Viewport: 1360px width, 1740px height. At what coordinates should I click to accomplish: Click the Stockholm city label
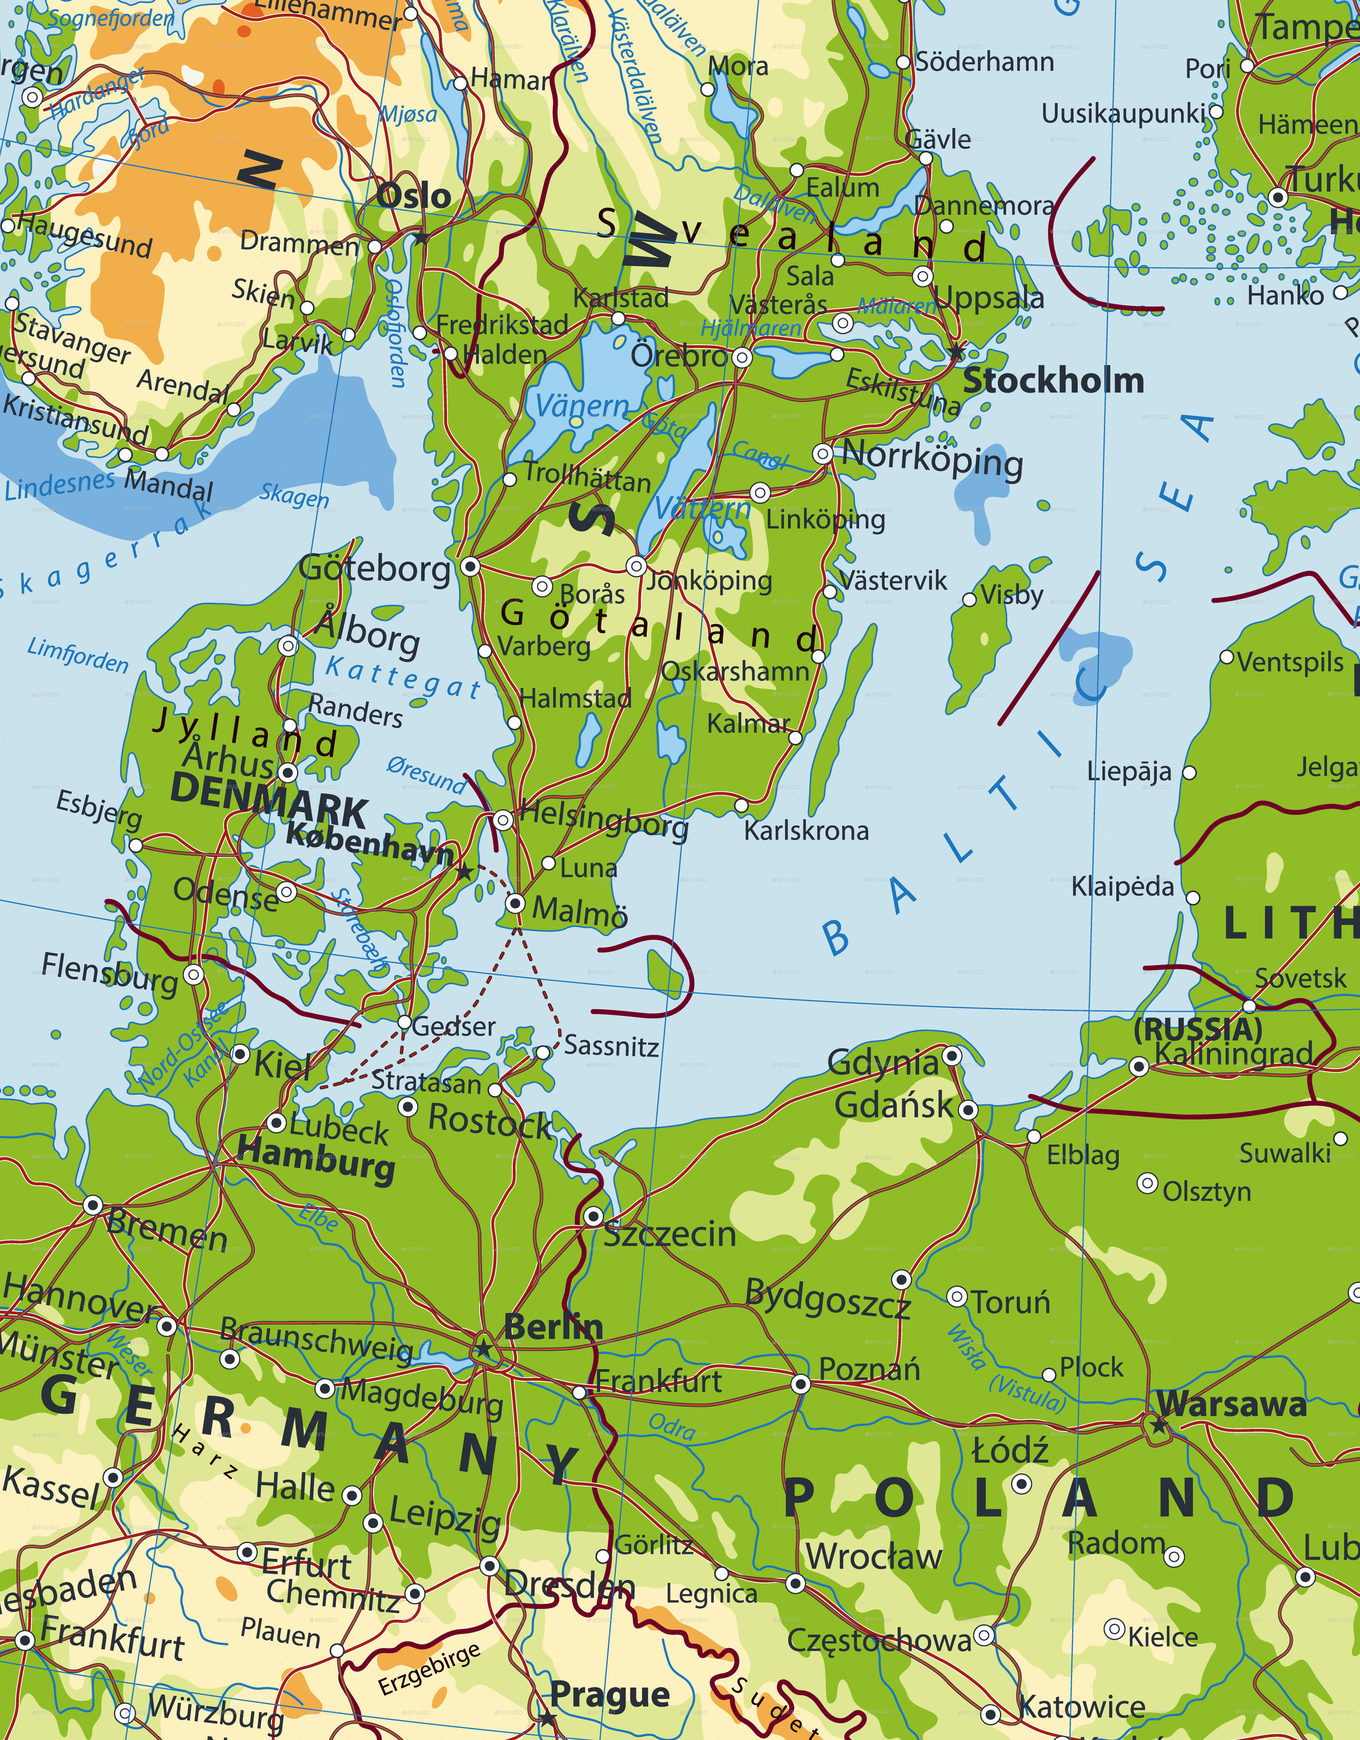click(1053, 381)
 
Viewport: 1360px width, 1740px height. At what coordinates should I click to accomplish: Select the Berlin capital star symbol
click(483, 1349)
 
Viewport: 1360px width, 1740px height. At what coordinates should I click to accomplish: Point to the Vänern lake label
click(582, 406)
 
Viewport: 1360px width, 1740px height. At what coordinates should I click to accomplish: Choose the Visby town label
click(1012, 594)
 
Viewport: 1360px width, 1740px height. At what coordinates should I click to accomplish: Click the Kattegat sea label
click(402, 677)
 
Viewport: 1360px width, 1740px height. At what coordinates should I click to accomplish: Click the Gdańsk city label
click(894, 1105)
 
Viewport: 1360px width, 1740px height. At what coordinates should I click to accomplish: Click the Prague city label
click(609, 1695)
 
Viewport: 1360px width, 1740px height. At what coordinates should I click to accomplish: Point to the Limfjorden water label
click(77, 655)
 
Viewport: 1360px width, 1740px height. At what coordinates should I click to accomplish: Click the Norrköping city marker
click(822, 454)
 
